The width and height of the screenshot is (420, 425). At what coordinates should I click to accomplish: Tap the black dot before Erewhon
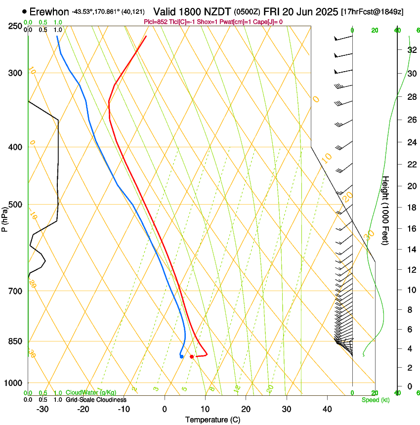click(x=24, y=11)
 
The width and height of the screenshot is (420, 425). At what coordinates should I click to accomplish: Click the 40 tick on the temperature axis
click(x=327, y=409)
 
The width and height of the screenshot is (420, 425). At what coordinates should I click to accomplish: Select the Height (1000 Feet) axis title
click(x=386, y=210)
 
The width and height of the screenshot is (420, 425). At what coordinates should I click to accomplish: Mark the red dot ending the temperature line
click(x=192, y=356)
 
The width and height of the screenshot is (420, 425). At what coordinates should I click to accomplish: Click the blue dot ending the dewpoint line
click(x=182, y=356)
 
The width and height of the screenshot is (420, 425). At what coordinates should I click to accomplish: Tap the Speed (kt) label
click(x=375, y=400)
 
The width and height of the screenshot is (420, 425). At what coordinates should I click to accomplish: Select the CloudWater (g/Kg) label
click(x=91, y=393)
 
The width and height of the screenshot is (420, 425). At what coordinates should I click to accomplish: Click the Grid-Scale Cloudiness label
click(x=96, y=400)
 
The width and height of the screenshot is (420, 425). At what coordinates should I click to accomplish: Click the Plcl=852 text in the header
click(x=157, y=22)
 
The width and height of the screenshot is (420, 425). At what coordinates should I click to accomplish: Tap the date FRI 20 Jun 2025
click(x=301, y=11)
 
